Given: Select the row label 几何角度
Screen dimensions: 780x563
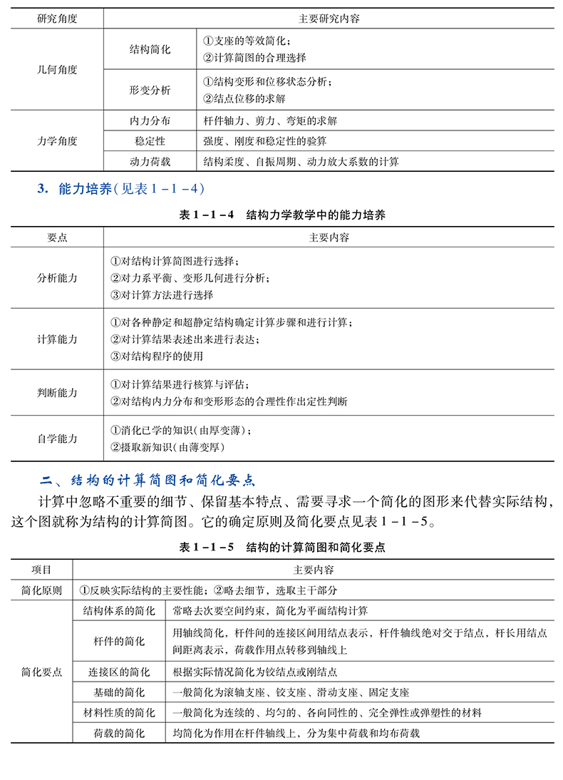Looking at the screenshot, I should (57, 70).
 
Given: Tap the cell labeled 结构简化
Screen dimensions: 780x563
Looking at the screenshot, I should (150, 50).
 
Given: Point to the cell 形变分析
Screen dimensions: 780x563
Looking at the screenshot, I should (150, 91).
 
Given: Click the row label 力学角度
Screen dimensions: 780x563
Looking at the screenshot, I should (57, 141).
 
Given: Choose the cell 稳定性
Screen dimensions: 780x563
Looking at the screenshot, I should (150, 141).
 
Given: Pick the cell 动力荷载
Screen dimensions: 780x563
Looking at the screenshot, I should (150, 162).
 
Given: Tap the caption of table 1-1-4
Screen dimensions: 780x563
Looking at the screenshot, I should (282, 215).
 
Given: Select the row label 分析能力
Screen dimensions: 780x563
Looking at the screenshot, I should (57, 277).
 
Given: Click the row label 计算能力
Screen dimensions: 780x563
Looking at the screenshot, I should (57, 339).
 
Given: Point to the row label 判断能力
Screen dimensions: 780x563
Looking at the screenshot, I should (57, 393).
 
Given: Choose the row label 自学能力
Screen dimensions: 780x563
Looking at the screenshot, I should (57, 438).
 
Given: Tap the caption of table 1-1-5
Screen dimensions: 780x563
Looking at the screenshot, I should (282, 548).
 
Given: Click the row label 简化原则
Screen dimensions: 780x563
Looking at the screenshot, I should (42, 590).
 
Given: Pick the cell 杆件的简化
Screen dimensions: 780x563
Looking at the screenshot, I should (118, 641).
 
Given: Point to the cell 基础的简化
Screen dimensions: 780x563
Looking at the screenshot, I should (118, 692).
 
